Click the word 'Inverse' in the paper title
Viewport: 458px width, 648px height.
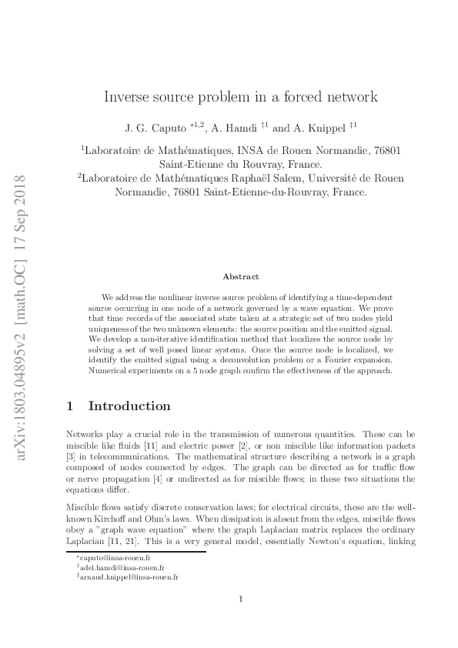[128, 98]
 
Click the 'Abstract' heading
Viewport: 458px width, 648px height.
[240, 276]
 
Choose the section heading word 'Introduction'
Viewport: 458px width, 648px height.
[130, 406]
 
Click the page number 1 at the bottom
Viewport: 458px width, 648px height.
[241, 600]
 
